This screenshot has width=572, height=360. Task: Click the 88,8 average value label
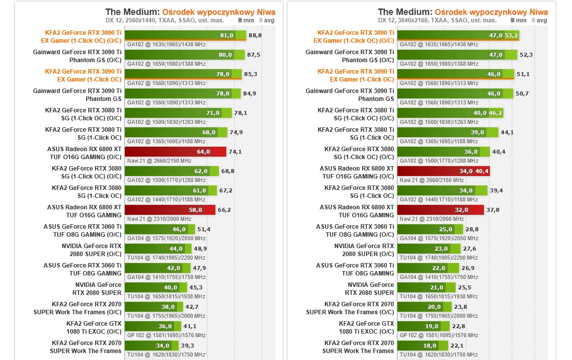pyautogui.click(x=255, y=35)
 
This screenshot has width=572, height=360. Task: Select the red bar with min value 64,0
pyautogui.click(x=175, y=152)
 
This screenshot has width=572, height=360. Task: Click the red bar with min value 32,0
pyautogui.click(x=440, y=210)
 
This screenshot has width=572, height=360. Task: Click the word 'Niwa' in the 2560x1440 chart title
pyautogui.click(x=266, y=12)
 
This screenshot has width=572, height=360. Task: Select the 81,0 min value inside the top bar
pyautogui.click(x=226, y=35)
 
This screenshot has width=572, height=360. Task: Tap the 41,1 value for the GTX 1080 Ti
pyautogui.click(x=190, y=326)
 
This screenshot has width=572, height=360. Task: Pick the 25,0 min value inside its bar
pyautogui.click(x=445, y=229)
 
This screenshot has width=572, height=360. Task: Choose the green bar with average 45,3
pyautogui.click(x=156, y=287)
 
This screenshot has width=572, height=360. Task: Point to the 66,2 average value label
pyautogui.click(x=224, y=210)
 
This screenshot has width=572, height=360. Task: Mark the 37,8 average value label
pyautogui.click(x=493, y=210)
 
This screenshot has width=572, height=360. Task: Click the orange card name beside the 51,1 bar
pyautogui.click(x=356, y=76)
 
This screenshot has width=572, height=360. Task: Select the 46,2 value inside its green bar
pyautogui.click(x=496, y=113)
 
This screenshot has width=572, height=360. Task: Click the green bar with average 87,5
pyautogui.click(x=184, y=55)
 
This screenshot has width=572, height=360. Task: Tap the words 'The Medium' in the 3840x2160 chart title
pyautogui.click(x=405, y=12)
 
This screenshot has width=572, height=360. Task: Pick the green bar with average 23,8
pyautogui.click(x=424, y=307)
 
